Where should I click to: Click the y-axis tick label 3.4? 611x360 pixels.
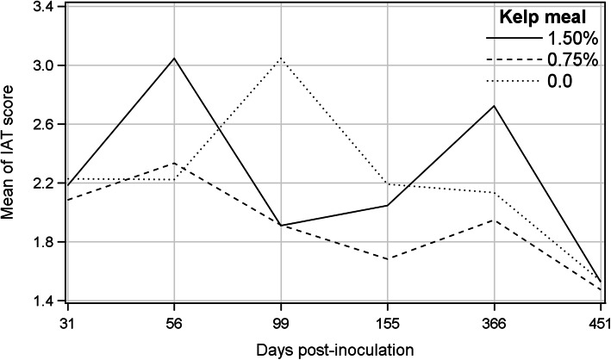pos(41,7)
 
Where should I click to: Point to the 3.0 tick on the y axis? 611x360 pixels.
pos(41,65)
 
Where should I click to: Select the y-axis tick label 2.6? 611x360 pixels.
pos(41,125)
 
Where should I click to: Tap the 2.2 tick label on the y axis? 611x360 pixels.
pos(41,183)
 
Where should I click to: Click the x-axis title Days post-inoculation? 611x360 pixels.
pos(334,349)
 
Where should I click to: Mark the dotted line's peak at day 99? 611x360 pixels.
pos(281,59)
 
